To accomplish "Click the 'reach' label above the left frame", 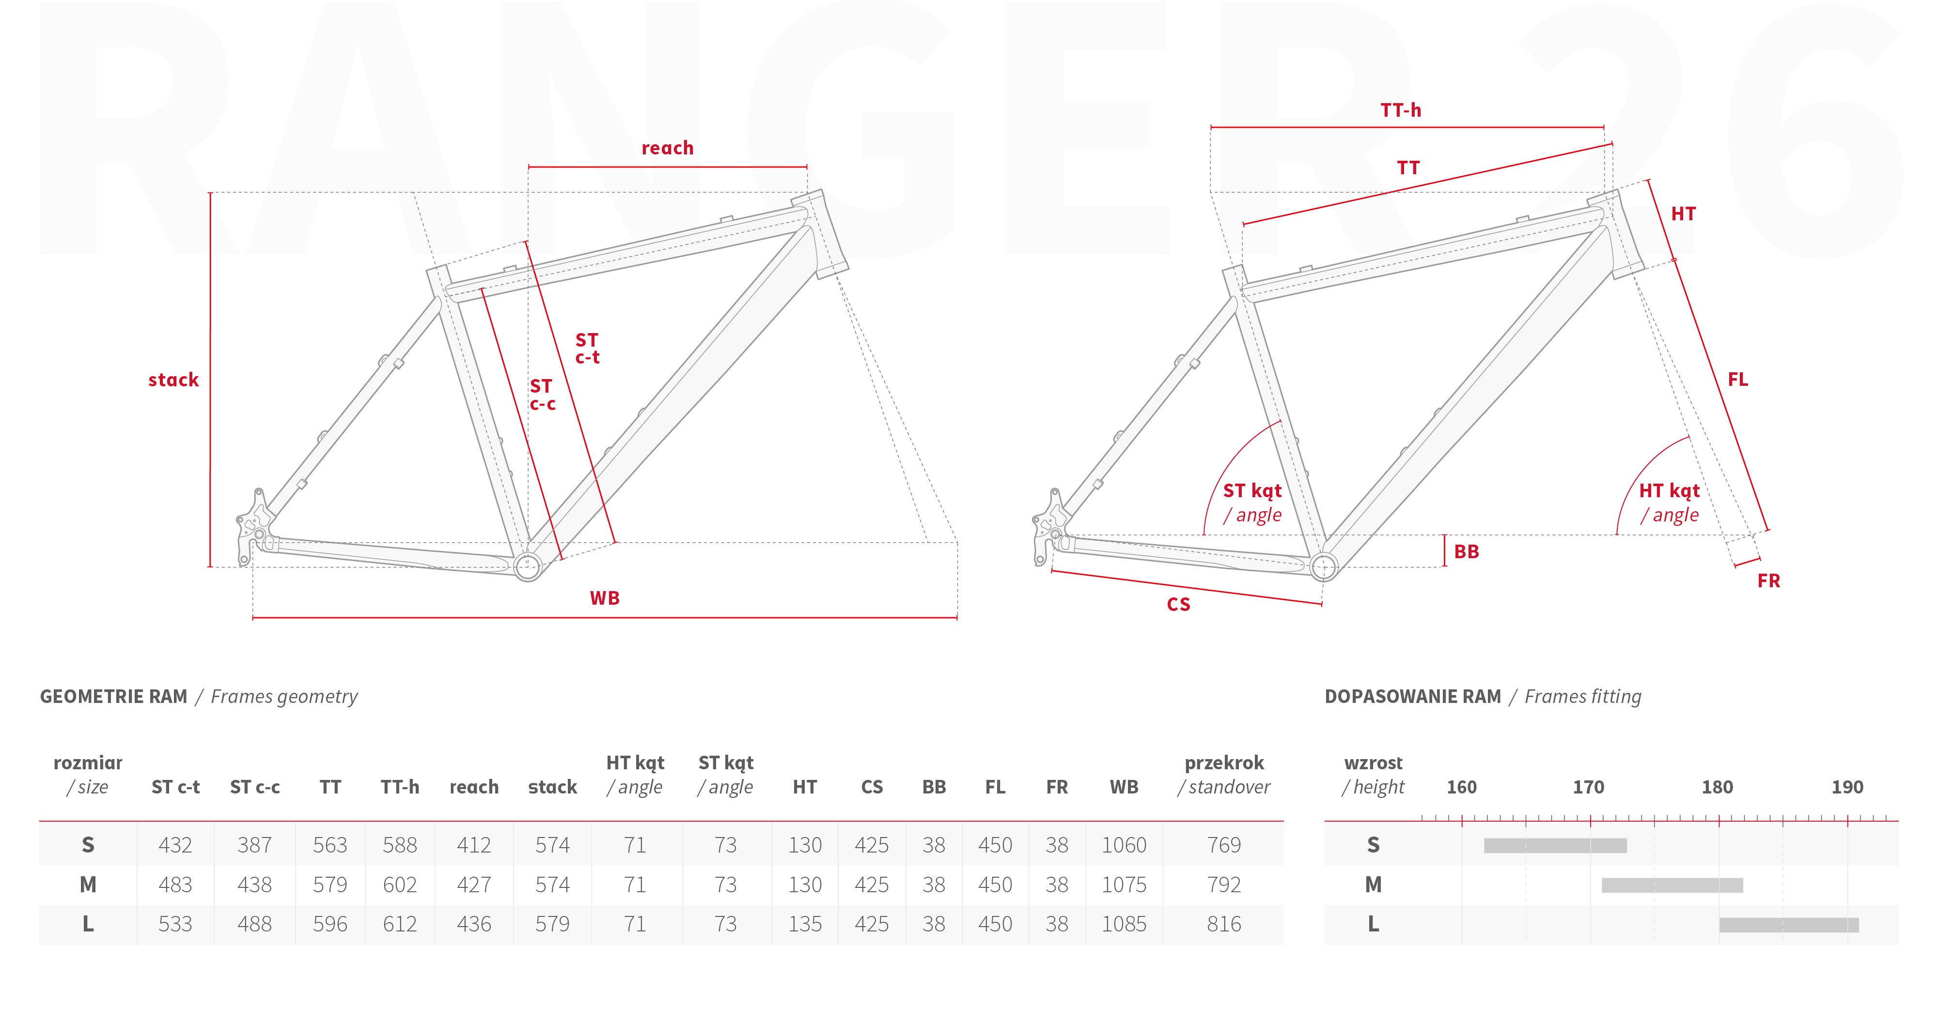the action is pyautogui.click(x=667, y=148).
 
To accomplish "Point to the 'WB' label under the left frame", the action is pyautogui.click(x=605, y=598).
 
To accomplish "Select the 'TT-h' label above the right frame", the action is pyautogui.click(x=1401, y=110).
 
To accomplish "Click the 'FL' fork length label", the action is pyautogui.click(x=1738, y=380).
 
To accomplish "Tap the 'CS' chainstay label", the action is pyautogui.click(x=1179, y=605).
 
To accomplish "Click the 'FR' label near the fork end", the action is pyautogui.click(x=1769, y=581).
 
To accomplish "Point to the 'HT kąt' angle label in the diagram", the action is pyautogui.click(x=1670, y=491).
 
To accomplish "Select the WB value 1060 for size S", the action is pyautogui.click(x=1124, y=845).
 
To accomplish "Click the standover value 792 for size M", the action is pyautogui.click(x=1224, y=885).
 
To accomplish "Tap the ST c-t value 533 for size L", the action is pyautogui.click(x=175, y=924).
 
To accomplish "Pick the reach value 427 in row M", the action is pyautogui.click(x=474, y=885).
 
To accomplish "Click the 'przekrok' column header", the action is pyautogui.click(x=1224, y=763).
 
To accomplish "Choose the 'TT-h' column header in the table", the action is pyautogui.click(x=400, y=787).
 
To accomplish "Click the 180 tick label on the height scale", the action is pyautogui.click(x=1718, y=787).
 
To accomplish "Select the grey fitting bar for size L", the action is pyautogui.click(x=1789, y=925).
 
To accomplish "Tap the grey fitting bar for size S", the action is pyautogui.click(x=1555, y=846).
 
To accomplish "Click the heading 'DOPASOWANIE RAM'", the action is pyautogui.click(x=1413, y=697).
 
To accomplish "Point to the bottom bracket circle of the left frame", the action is pyautogui.click(x=528, y=566).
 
